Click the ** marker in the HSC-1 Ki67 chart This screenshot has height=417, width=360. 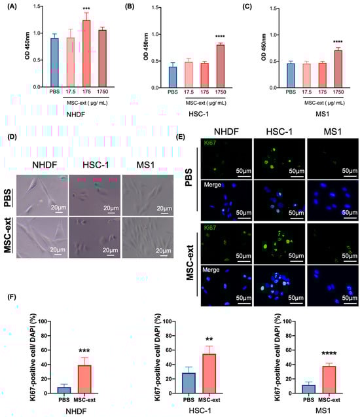(209, 340)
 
